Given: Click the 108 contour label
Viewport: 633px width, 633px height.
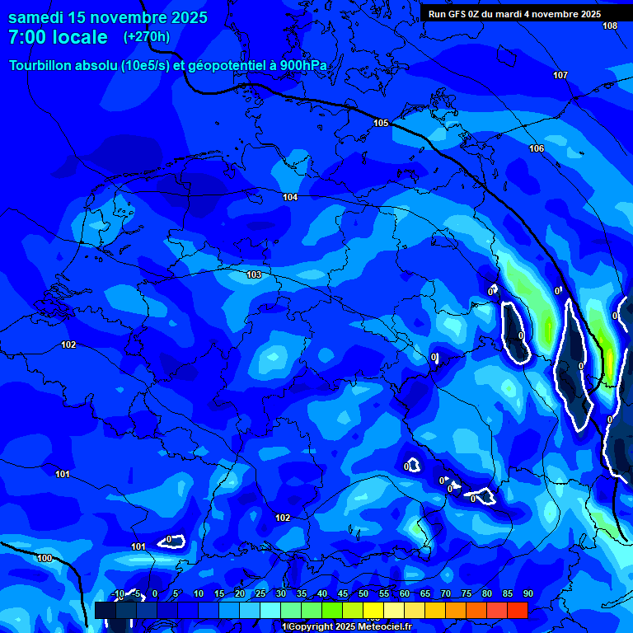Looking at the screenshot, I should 609,26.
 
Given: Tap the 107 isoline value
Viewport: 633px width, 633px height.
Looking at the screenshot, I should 560,75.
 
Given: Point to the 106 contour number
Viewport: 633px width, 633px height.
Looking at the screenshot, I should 537,148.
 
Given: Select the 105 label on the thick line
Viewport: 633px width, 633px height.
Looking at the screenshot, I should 381,123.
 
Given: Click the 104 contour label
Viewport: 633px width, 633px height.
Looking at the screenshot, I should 290,197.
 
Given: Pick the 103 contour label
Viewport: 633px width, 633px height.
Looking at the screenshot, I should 254,274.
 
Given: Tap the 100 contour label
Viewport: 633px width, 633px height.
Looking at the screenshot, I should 45,558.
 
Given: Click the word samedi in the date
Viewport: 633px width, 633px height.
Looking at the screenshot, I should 38,17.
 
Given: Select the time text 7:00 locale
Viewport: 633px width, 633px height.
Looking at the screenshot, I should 58,37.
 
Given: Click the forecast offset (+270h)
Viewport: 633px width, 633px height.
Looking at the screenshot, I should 147,36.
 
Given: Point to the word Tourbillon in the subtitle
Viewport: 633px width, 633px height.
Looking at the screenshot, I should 40,65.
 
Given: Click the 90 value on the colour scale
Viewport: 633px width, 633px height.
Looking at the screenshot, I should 528,594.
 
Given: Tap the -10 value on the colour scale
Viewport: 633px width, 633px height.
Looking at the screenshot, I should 118,594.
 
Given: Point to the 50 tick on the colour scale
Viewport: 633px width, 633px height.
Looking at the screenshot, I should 363,594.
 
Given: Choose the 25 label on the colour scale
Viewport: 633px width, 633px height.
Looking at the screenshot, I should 260,594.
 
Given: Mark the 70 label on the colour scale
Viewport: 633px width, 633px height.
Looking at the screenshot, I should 446,594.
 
